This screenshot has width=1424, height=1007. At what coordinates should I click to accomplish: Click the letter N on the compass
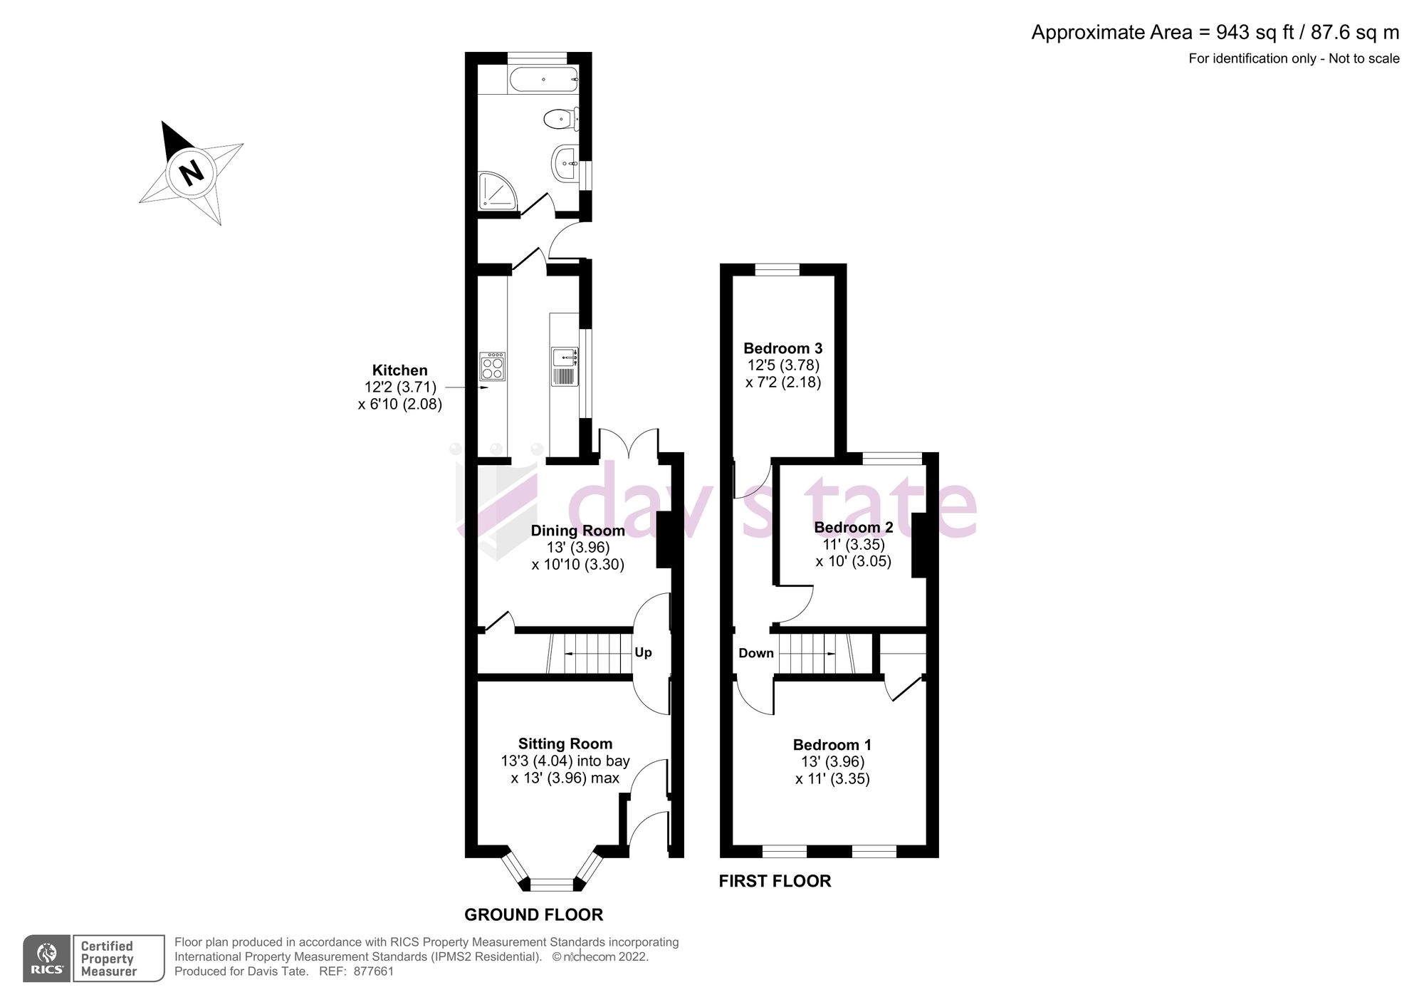click(191, 172)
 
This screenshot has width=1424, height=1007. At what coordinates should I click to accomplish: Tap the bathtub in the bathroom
click(543, 80)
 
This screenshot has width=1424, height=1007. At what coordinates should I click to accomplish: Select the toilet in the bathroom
click(560, 118)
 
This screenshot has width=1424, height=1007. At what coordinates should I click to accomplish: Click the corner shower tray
click(496, 191)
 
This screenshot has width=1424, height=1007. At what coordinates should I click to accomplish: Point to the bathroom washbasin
click(568, 163)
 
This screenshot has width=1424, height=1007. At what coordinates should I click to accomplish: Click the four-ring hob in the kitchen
click(492, 366)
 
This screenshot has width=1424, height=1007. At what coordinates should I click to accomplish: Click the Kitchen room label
click(399, 370)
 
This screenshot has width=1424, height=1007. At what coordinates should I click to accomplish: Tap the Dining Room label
click(577, 531)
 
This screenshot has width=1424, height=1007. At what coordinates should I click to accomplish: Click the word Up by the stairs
click(643, 652)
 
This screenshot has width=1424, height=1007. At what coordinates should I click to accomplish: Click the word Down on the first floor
click(755, 653)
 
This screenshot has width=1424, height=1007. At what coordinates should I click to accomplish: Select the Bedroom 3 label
click(782, 348)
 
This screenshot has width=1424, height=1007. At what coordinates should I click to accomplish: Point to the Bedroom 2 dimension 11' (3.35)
click(853, 545)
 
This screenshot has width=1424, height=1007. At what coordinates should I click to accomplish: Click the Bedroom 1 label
click(832, 745)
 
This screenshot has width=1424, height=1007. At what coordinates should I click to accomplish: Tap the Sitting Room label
click(565, 744)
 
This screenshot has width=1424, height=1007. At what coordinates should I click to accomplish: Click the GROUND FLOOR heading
click(533, 914)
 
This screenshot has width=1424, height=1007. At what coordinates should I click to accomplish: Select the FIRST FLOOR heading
click(775, 881)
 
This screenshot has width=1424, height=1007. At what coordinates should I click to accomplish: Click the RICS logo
click(47, 958)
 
